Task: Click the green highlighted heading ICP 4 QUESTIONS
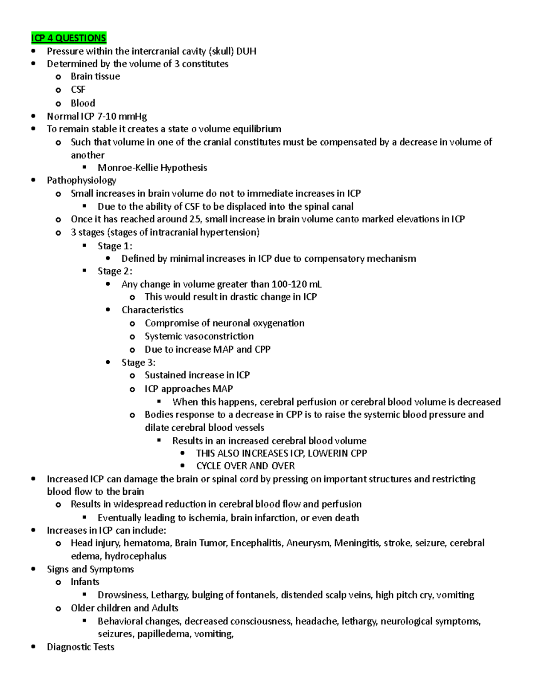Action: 69,38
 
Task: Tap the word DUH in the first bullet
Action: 246,51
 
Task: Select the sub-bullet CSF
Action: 78,90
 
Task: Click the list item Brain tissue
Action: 95,76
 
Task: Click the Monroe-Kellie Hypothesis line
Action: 152,168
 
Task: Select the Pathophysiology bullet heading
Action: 81,180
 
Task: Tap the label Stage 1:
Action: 115,246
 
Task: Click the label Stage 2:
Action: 115,271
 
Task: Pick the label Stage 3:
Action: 138,362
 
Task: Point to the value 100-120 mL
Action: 296,284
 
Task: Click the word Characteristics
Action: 152,310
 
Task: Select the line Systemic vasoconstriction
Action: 199,336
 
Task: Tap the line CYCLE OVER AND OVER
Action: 245,466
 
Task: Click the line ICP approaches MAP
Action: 188,389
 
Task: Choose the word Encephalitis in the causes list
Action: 256,543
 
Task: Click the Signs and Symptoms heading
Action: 90,569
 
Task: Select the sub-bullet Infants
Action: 85,582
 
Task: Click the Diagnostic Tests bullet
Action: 80,647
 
